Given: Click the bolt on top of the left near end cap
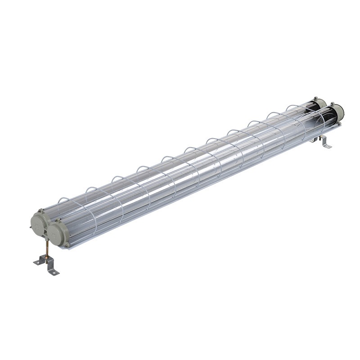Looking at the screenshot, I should (x=41, y=210).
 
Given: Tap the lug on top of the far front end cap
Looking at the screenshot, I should (x=333, y=104).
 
